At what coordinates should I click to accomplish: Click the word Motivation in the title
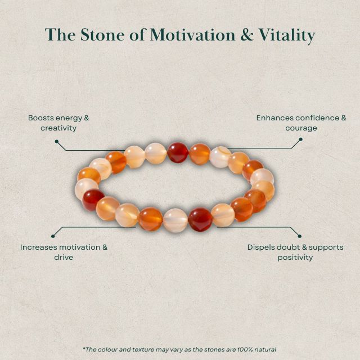pyautogui.click(x=188, y=35)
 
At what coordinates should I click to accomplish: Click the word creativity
pyautogui.click(x=58, y=128)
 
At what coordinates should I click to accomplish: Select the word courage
pyautogui.click(x=301, y=128)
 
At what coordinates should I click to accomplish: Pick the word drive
pyautogui.click(x=64, y=257)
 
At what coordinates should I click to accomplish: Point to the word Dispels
pyautogui.click(x=263, y=247)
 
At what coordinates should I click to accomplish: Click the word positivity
pyautogui.click(x=295, y=257)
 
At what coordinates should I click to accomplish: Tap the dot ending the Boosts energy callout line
pyautogui.click(x=56, y=141)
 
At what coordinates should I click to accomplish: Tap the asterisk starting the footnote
pyautogui.click(x=84, y=348)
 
